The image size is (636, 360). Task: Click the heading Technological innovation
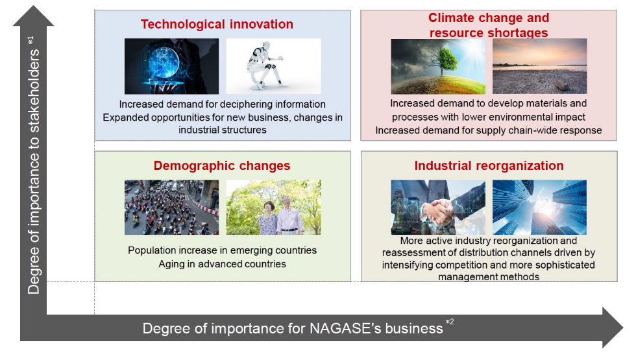pyautogui.click(x=217, y=25)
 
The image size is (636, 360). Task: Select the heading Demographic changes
pyautogui.click(x=222, y=166)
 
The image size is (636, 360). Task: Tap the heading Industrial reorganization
pyautogui.click(x=489, y=165)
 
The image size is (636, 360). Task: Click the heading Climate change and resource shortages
pyautogui.click(x=489, y=25)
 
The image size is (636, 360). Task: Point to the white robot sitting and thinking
pyautogui.click(x=265, y=66)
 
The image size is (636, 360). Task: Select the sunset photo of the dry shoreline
pyautogui.click(x=539, y=66)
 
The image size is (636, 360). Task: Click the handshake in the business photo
pyautogui.click(x=437, y=211)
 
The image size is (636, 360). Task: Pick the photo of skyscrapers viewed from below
pyautogui.click(x=539, y=207)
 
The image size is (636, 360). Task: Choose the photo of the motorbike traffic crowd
pyautogui.click(x=171, y=207)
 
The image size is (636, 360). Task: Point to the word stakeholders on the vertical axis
pyautogui.click(x=34, y=91)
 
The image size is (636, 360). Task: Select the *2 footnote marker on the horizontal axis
pyautogui.click(x=449, y=322)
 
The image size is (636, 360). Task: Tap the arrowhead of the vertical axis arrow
pyautogui.click(x=33, y=16)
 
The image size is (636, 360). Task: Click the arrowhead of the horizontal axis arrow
pyautogui.click(x=613, y=328)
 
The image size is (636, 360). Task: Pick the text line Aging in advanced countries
pyautogui.click(x=222, y=264)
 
